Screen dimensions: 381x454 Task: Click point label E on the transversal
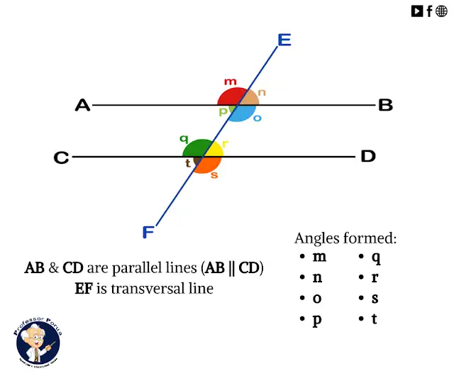[x=284, y=40]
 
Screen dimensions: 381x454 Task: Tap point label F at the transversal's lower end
[x=148, y=232]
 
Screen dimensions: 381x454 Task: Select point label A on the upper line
[x=83, y=106]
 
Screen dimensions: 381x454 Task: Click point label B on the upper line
[x=385, y=106]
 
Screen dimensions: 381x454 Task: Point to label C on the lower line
[x=62, y=158]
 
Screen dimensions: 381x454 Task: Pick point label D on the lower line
[x=367, y=156]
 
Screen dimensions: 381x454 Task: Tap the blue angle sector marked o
[x=245, y=114]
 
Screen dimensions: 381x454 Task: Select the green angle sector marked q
[x=194, y=148]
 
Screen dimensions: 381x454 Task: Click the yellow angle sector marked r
[x=214, y=150]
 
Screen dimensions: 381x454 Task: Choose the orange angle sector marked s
[x=208, y=165]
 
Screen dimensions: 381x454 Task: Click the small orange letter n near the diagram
[x=262, y=92]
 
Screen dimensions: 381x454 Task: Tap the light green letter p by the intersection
[x=223, y=111]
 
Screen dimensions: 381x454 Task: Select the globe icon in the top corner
[x=441, y=11]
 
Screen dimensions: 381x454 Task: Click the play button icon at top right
[x=417, y=11]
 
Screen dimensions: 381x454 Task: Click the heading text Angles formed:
[x=345, y=238]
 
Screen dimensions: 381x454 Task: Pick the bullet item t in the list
[x=374, y=319]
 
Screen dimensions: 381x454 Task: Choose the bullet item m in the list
[x=319, y=257]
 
